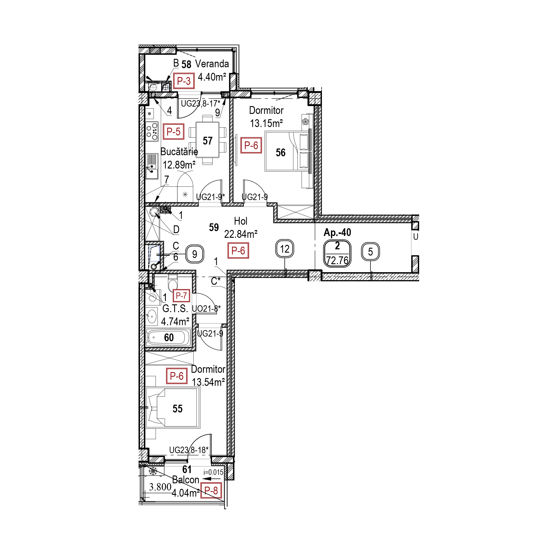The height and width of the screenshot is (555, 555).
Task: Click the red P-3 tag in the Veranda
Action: pyautogui.click(x=184, y=81)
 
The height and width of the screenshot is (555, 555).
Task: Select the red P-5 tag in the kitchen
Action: pyautogui.click(x=174, y=132)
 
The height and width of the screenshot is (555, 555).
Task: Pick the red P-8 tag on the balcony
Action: pyautogui.click(x=211, y=491)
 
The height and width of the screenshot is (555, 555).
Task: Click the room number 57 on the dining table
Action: pyautogui.click(x=208, y=141)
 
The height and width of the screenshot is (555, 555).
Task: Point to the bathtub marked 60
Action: pyautogui.click(x=169, y=337)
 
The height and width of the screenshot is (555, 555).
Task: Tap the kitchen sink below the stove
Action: pyautogui.click(x=152, y=166)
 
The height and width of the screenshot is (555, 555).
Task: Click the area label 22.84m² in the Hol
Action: pyautogui.click(x=241, y=234)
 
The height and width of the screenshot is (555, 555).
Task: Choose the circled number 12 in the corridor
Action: pyautogui.click(x=285, y=249)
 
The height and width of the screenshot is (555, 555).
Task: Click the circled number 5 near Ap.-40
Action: pyautogui.click(x=370, y=252)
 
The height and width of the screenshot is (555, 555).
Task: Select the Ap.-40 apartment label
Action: pyautogui.click(x=337, y=232)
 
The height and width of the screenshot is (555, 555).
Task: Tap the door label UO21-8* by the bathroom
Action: pyautogui.click(x=206, y=309)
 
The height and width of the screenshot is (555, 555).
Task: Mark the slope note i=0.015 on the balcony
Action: pyautogui.click(x=213, y=472)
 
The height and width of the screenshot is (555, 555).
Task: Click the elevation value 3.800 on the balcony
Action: pyautogui.click(x=160, y=487)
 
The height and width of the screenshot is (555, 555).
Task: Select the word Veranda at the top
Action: pyautogui.click(x=212, y=64)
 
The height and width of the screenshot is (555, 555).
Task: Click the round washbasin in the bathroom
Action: pyautogui.click(x=151, y=316)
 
